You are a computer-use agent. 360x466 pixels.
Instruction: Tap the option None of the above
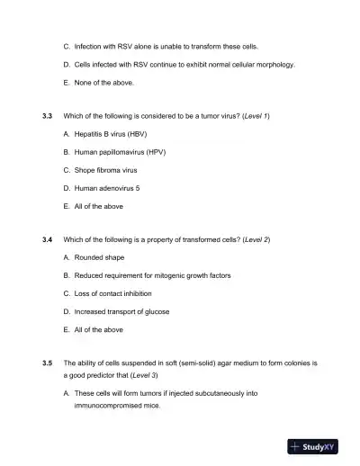click(x=99, y=83)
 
